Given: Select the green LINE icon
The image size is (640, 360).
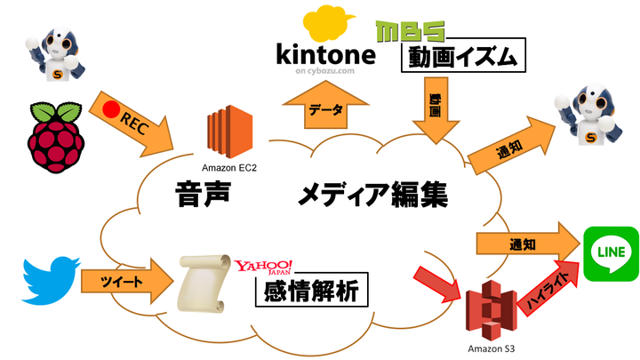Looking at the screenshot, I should pos(610,255).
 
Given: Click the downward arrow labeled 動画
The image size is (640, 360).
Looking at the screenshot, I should pos(436,110).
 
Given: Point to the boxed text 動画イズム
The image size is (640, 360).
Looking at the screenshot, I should pos(462,58).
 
